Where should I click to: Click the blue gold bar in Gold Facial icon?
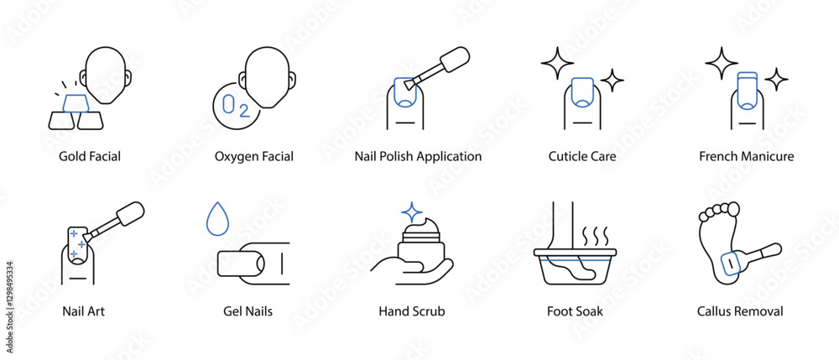coord(76,103)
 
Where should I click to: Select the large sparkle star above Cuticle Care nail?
coord(557,64)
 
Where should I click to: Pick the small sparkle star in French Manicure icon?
coord(776,80)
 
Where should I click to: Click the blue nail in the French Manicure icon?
coord(747,89)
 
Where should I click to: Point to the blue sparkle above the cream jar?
coord(412,212)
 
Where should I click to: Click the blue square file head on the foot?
coord(731,263)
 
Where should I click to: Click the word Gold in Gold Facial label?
coord(71,156)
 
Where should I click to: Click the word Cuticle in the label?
coord(565,156)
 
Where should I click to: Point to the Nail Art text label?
coord(83,310)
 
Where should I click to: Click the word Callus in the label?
coord(713,310)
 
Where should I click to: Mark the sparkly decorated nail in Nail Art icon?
coord(78,244)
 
